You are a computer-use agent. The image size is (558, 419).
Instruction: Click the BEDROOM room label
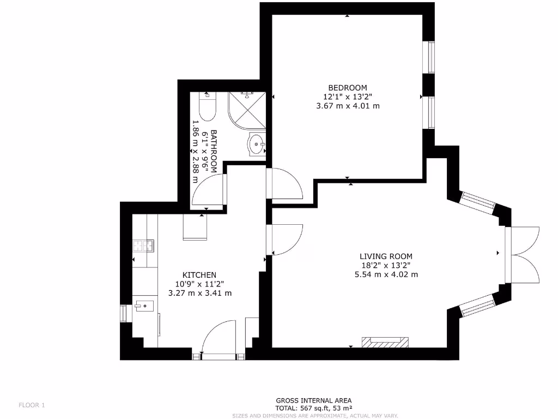[x=348, y=87]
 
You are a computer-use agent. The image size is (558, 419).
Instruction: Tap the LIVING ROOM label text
[x=386, y=256]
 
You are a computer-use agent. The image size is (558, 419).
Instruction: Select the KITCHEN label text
[x=199, y=275]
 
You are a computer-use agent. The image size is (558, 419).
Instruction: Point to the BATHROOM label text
[x=214, y=152]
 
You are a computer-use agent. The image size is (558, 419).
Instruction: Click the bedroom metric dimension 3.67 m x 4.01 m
[x=348, y=106]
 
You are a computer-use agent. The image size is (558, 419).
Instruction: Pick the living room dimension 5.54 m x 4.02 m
[x=386, y=274]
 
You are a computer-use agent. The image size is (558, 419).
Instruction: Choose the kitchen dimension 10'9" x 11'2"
[x=199, y=284]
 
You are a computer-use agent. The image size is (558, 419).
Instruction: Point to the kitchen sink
[x=144, y=306]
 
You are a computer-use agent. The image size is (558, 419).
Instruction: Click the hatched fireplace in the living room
[x=385, y=342]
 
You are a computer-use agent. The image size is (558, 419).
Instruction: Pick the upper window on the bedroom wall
[x=431, y=57]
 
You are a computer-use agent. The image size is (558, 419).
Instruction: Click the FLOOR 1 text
[x=32, y=405]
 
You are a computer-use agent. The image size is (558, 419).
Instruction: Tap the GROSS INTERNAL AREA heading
[x=313, y=400]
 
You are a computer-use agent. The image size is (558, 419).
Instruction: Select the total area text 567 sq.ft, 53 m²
[x=313, y=408]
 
